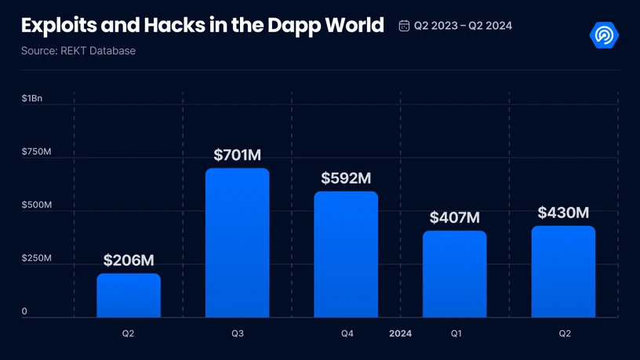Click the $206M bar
click(x=129, y=296)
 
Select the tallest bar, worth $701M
click(x=238, y=243)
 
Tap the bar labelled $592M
click(x=346, y=255)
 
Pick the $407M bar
click(x=455, y=275)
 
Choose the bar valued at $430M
click(x=563, y=272)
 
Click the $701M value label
click(x=238, y=155)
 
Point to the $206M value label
click(x=129, y=260)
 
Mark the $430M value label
click(x=563, y=213)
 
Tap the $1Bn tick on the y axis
click(x=32, y=98)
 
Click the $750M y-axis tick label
click(x=36, y=151)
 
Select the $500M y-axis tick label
click(x=36, y=205)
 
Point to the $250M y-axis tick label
click(x=36, y=258)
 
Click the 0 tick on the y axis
click(x=24, y=311)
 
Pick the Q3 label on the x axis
click(x=238, y=333)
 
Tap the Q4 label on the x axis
click(x=347, y=333)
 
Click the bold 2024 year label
click(x=400, y=333)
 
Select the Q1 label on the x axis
click(x=456, y=333)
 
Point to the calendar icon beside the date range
click(x=404, y=26)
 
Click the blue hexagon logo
click(x=604, y=34)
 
